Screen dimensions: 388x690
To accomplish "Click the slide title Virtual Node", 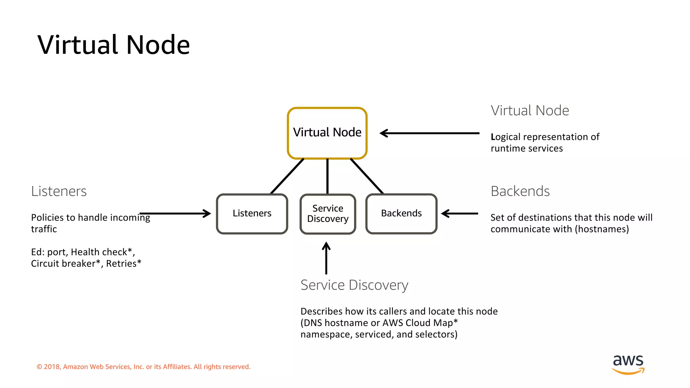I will pos(114,45).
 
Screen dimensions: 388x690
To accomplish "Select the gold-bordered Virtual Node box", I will pos(327,133).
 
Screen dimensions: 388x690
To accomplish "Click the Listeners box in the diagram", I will pos(252,214).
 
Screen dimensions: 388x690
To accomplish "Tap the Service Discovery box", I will pos(327,214).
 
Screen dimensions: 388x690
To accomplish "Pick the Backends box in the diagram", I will pos(401,214).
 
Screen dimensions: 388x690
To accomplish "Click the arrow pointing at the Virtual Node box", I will pos(429,133).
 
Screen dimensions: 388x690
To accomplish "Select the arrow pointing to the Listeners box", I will pos(175,213).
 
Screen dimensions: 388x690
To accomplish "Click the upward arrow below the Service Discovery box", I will pos(326,258).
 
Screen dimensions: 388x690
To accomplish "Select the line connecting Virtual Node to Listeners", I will pos(287,176).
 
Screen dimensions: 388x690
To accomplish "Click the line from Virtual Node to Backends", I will pos(367,176).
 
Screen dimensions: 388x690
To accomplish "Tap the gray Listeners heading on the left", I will pos(59,191).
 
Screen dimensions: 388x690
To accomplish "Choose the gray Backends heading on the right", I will pos(520,191).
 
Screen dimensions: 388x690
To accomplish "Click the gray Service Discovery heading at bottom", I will pos(354,285).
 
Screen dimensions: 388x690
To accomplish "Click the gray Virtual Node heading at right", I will pos(530,110).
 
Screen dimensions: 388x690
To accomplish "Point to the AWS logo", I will pos(628,364).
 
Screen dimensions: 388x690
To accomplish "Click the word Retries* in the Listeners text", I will pos(124,263).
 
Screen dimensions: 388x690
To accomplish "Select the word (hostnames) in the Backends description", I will pos(602,229).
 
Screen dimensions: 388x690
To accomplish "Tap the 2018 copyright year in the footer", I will pos(52,367).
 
